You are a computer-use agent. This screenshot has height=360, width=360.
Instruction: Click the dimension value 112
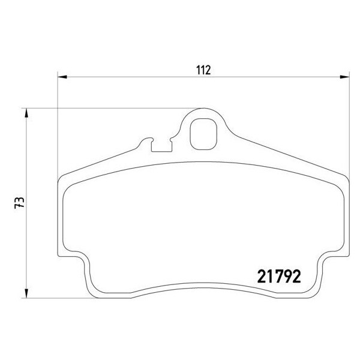coord(203,70)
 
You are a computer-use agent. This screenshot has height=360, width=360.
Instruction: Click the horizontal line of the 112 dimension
coord(150,77)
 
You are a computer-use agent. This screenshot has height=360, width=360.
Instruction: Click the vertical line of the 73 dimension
coord(26,240)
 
